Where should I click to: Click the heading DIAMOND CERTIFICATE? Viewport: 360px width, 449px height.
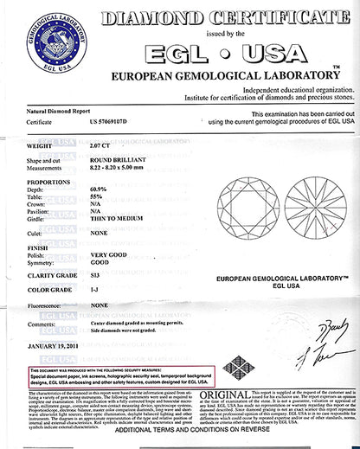tap(225, 16)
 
